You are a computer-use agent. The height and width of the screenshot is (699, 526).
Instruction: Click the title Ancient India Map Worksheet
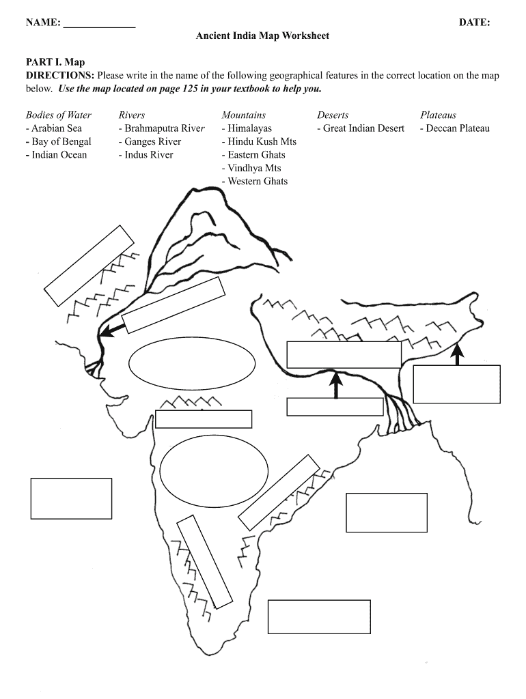tap(262, 35)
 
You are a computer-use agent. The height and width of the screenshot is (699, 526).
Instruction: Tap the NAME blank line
tap(100, 27)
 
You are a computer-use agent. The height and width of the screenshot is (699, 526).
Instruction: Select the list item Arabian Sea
tap(54, 128)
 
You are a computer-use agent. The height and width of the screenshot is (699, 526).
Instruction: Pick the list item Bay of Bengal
tap(59, 142)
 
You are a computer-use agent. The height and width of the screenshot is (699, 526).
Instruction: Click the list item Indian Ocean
tap(56, 155)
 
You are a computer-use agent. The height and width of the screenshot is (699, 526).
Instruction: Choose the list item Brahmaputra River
tap(161, 128)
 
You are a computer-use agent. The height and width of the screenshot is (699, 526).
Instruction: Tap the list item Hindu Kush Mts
tap(259, 142)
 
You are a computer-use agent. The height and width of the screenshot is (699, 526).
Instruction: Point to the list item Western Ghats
tap(255, 182)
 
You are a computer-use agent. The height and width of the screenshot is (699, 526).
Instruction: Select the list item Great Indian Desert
tap(361, 128)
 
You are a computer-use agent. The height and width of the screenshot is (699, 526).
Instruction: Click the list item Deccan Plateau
tap(455, 128)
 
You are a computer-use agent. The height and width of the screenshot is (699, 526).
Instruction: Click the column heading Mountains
tap(244, 115)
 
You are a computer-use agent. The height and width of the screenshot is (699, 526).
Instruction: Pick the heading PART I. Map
tap(55, 62)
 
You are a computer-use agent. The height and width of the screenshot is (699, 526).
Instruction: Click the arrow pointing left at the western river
tap(112, 330)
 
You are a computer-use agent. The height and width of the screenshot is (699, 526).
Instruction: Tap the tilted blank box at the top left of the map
tap(89, 266)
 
